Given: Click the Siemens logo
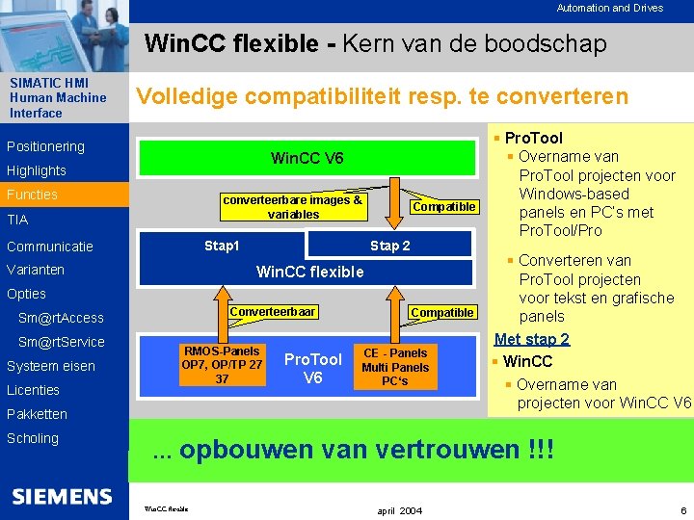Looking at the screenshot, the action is (62, 497).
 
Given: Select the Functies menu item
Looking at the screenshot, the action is (32, 195).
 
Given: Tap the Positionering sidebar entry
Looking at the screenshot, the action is (45, 146).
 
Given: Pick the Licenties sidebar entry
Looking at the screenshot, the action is (33, 390).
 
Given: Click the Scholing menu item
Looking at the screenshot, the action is (32, 438).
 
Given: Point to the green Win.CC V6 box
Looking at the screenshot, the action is (307, 157).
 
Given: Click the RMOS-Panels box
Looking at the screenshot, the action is (222, 365).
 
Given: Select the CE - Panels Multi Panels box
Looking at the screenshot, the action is (395, 366).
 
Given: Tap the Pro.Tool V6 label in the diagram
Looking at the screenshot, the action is (312, 368).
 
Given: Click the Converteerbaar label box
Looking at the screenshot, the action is (272, 312).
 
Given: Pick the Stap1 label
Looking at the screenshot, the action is (222, 246).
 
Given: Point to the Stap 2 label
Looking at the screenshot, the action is (390, 246).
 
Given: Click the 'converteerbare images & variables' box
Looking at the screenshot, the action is (292, 207).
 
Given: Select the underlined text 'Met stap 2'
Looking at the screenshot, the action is (531, 339).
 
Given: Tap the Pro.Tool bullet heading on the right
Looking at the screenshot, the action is (533, 138).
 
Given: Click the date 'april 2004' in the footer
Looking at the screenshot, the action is (399, 509).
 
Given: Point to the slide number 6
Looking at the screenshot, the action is (682, 509).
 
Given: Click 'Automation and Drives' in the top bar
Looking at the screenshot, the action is (609, 8).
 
